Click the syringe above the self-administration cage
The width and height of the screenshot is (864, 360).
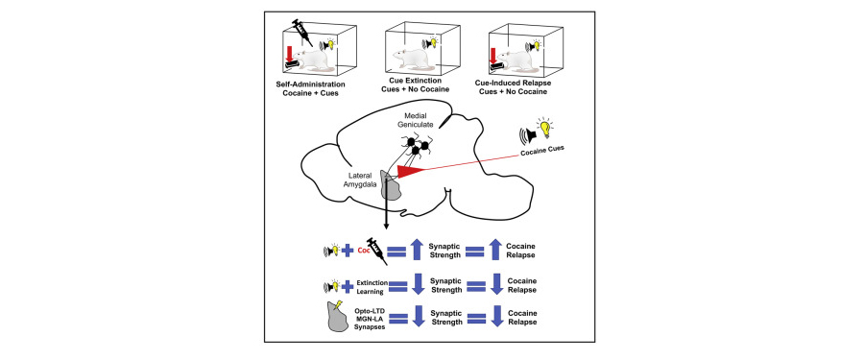point(302,33)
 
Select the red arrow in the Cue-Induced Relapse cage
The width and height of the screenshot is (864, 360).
point(493,56)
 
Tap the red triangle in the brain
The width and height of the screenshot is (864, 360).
point(411,173)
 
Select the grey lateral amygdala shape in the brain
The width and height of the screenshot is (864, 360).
point(390,187)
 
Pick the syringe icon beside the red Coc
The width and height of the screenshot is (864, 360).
point(376,250)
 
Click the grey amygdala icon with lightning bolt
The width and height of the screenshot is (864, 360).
point(336,316)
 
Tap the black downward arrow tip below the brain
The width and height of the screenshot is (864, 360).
point(386,226)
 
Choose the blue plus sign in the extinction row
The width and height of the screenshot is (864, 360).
point(348,286)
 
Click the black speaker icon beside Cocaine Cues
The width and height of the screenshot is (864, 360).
point(527,135)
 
